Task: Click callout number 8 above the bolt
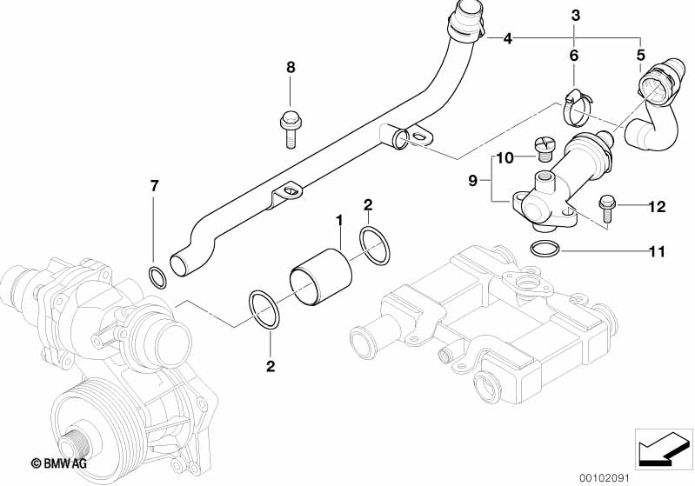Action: (x=291, y=67)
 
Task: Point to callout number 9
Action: (x=474, y=181)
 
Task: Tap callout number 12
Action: (x=656, y=206)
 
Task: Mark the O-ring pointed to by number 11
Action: (x=545, y=249)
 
